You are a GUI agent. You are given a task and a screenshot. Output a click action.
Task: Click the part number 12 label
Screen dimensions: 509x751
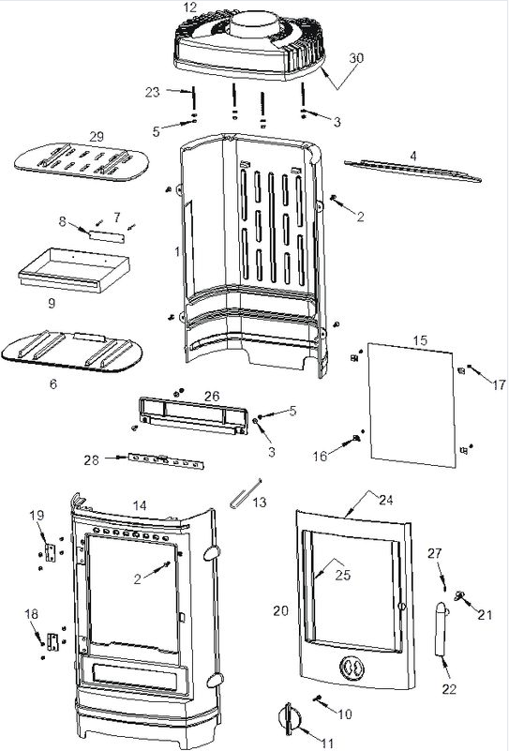pos(189,8)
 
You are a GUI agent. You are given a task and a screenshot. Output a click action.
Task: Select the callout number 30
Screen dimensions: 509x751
pos(356,58)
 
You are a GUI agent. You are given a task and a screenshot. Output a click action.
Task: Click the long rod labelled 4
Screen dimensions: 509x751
pos(412,171)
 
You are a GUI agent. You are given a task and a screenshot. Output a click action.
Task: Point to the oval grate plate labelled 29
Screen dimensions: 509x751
pos(82,161)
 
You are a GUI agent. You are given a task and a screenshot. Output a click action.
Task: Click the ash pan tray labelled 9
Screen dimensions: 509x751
pos(74,270)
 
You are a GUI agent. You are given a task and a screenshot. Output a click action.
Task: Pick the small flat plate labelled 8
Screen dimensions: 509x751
pos(107,235)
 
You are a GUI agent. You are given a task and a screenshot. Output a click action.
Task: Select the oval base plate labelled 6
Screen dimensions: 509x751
pos(72,352)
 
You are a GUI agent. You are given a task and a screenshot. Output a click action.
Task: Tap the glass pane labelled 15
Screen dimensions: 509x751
pos(412,405)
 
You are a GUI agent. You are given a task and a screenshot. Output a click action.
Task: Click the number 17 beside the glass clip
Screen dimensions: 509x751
pos(499,384)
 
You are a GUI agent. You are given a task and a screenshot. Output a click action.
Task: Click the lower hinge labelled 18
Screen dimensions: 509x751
pos(52,642)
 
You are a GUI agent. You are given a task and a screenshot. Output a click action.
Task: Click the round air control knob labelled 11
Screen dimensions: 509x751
pos(290,719)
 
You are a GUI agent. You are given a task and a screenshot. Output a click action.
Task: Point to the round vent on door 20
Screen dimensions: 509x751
pos(352,668)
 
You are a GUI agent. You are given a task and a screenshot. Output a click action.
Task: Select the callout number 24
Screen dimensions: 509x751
pos(386,500)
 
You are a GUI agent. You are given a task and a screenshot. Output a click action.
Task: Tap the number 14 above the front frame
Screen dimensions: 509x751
pos(140,505)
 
